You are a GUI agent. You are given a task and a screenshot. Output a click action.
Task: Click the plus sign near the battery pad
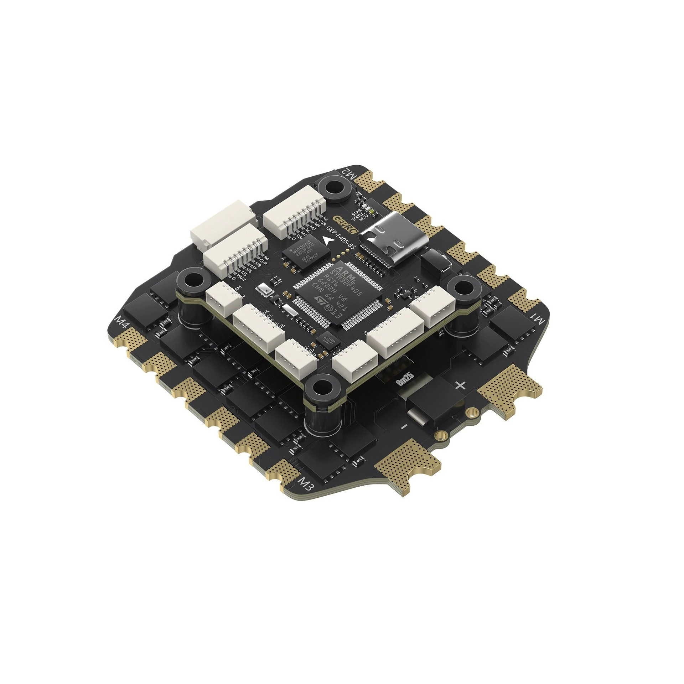tap(461, 385)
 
